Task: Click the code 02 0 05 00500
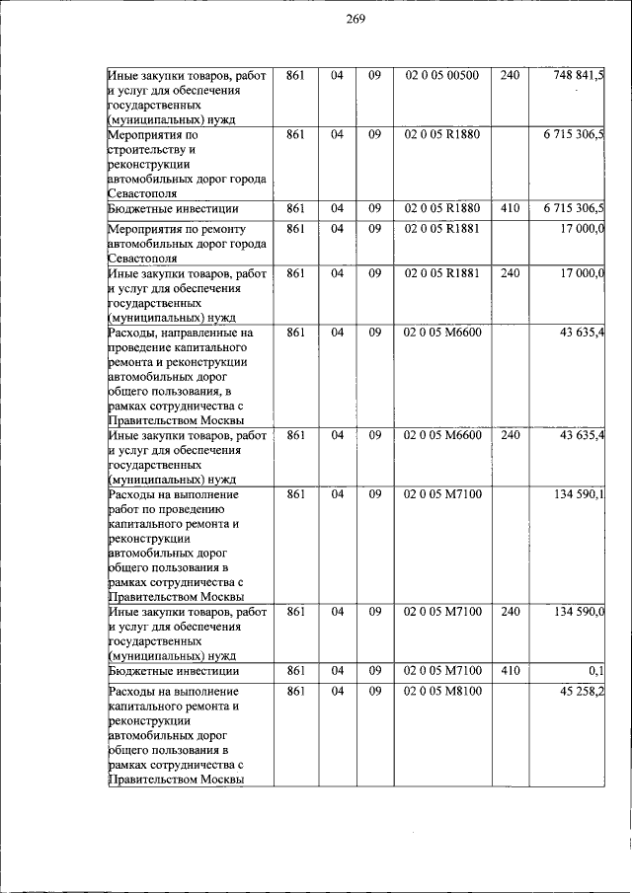pos(441,75)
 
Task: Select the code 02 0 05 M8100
pos(441,691)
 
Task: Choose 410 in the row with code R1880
pos(510,208)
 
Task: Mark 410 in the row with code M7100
pos(510,671)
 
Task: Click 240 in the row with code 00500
pos(510,75)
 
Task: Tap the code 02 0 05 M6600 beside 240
pos(441,434)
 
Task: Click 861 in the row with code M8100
pos(295,691)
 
